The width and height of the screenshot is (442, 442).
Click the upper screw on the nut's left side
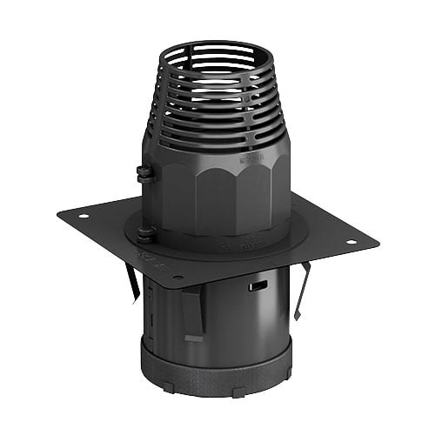pyautogui.click(x=144, y=172)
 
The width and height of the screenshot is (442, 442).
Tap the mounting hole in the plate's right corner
pyautogui.click(x=352, y=241)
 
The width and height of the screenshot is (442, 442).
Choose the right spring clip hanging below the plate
pyautogui.click(x=302, y=288)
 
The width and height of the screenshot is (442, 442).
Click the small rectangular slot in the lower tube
pyautogui.click(x=257, y=285)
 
